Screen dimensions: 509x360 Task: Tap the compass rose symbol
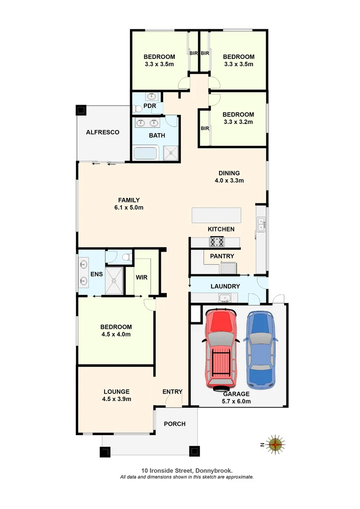coord(276,443)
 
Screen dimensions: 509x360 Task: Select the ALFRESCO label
coord(102,132)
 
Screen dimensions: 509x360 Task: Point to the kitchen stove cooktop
coord(217,242)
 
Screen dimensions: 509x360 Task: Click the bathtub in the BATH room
coord(147,153)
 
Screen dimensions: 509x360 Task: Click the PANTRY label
coord(221,256)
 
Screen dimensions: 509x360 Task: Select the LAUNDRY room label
coord(225,286)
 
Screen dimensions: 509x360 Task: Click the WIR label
coord(142,277)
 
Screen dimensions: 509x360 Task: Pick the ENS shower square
coord(114,281)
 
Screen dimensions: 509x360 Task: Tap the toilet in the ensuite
coord(125,257)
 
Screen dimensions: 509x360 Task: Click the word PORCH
coord(174,424)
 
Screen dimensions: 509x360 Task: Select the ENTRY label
coord(172,392)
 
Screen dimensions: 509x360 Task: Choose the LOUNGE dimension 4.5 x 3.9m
coord(115,399)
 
